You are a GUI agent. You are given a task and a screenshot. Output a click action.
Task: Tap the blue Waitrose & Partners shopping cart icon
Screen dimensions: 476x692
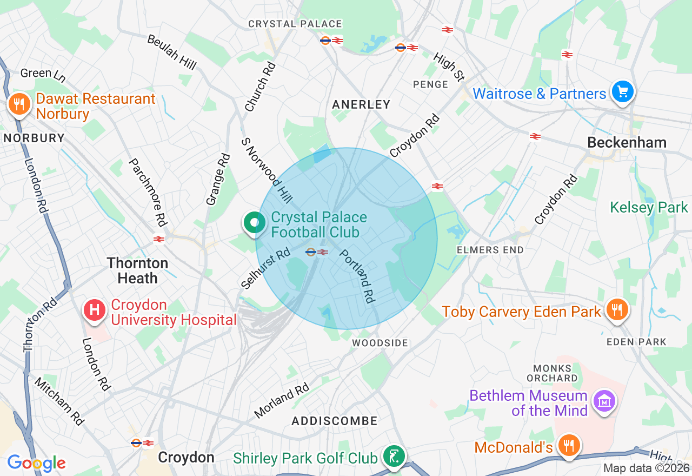click(x=622, y=92)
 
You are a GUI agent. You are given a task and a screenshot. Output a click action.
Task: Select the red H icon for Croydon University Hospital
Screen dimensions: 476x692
click(x=95, y=310)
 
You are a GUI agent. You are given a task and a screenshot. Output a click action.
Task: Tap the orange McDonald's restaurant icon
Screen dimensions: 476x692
click(x=568, y=446)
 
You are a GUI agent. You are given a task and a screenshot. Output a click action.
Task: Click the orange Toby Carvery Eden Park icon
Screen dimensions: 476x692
click(x=616, y=310)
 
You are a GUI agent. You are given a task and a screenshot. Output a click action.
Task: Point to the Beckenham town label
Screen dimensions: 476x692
click(x=627, y=142)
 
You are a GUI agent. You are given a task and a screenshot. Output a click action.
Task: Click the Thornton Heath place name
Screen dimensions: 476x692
click(x=137, y=270)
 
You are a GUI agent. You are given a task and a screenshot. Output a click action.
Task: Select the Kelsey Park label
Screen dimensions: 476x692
click(x=649, y=207)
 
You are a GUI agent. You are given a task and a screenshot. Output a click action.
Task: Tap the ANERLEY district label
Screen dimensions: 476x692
click(x=361, y=104)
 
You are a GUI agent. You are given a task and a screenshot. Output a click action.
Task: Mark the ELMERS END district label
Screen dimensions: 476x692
click(x=490, y=250)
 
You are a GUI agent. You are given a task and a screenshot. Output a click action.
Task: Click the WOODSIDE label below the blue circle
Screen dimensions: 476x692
click(x=380, y=343)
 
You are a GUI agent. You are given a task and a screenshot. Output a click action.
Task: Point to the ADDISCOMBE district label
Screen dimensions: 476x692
click(x=335, y=421)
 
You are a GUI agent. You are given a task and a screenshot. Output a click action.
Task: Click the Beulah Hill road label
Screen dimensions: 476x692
click(x=171, y=52)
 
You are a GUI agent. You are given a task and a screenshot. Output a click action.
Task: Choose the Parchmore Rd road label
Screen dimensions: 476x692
click(x=147, y=192)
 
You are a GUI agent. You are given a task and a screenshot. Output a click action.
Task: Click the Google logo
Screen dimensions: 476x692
click(x=36, y=463)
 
